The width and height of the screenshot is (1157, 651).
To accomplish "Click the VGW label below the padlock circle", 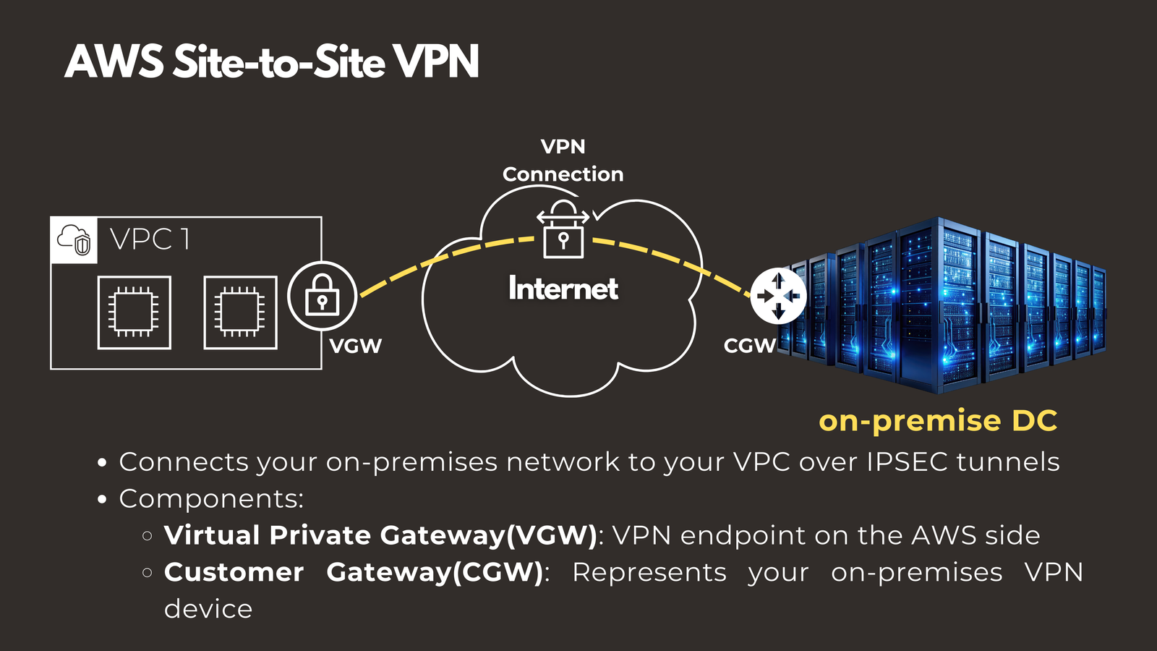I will point(355,346).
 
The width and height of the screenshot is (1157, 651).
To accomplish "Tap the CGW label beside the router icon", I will point(749,346).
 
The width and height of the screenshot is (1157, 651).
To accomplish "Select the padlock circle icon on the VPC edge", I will point(323,296).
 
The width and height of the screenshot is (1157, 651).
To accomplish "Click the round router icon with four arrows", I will point(778,296).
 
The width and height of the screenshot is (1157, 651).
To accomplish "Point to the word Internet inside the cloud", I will point(563,289).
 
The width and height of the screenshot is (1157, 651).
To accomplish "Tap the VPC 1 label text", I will point(150,239).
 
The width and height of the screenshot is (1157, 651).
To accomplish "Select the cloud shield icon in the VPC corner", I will point(74,239).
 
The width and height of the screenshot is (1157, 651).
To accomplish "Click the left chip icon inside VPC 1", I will point(135,312).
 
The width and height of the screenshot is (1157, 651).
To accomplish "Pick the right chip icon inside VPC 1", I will point(240,312).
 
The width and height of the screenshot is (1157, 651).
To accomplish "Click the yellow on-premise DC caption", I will point(938,421).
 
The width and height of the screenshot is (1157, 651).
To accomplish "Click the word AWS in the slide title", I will point(114,62).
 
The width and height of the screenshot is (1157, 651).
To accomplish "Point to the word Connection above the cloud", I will point(563,174).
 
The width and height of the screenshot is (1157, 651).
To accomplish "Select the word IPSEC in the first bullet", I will point(907,462).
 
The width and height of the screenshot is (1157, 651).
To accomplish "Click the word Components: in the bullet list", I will point(211,499).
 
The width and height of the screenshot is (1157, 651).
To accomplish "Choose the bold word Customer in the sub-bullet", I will point(234,573).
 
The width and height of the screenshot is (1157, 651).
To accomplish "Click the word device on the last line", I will point(208,609).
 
